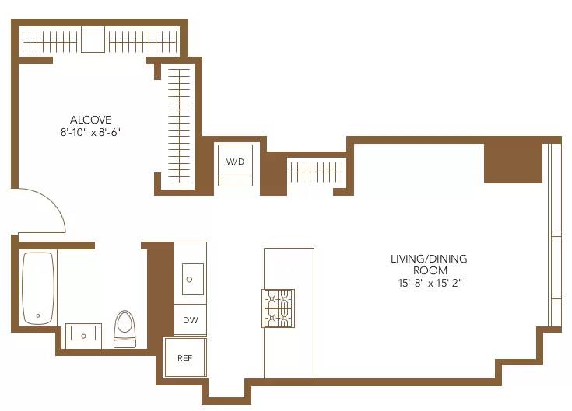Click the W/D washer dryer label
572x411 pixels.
[235, 162]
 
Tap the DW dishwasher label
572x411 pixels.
[190, 320]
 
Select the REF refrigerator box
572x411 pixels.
[185, 358]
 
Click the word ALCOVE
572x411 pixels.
[91, 120]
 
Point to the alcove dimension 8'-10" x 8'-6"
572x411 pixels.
[91, 132]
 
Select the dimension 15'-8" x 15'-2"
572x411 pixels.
[429, 283]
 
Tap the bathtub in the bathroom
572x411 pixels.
[37, 287]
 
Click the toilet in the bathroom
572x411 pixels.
[125, 329]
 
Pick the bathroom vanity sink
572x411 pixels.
[81, 334]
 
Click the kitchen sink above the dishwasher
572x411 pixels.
[192, 278]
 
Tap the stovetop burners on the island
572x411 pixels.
[279, 308]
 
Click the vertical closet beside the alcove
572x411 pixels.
[180, 127]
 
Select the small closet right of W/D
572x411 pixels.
[316, 171]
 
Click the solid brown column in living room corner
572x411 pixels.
[513, 162]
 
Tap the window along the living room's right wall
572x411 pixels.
[554, 233]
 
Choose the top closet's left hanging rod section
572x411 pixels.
[49, 40]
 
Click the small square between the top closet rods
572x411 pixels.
[93, 40]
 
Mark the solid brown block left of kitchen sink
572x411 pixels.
[159, 287]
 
